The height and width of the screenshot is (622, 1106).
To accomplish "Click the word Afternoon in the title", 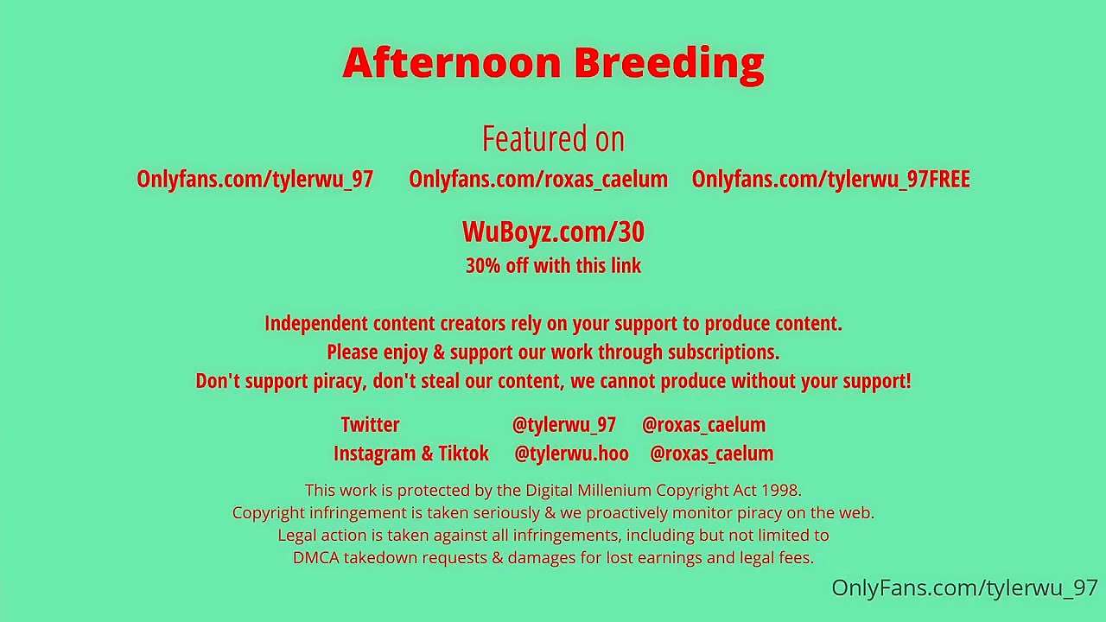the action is [452, 62].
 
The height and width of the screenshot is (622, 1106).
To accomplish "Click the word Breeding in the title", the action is [670, 66].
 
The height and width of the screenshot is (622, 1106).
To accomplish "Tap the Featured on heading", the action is [553, 139].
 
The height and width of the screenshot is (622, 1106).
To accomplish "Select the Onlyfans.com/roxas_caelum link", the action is [538, 179].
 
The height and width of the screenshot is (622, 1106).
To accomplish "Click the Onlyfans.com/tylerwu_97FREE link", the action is [831, 179].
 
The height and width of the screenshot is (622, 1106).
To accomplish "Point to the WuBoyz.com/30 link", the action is [553, 232].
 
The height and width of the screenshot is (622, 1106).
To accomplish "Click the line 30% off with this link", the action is [553, 265].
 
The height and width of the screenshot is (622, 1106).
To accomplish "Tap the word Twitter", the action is [371, 424].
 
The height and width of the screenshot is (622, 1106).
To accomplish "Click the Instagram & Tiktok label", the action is [410, 454].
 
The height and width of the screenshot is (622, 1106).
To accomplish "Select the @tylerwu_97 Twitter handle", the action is [564, 425].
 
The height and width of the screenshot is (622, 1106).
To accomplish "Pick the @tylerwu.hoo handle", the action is [572, 454].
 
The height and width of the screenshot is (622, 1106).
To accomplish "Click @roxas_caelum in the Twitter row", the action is [703, 425].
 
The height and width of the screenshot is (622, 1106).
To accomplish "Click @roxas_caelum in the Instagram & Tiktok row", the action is [711, 454].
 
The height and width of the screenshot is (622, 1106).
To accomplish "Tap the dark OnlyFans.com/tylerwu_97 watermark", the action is [965, 588].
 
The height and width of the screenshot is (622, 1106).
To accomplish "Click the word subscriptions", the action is [724, 352].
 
